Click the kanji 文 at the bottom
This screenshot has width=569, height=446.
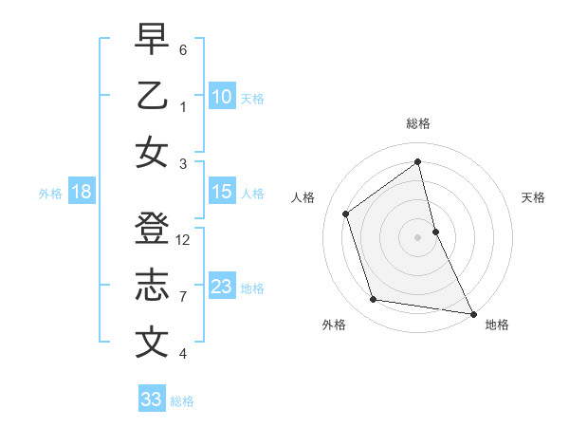152,342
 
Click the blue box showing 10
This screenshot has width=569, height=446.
222,96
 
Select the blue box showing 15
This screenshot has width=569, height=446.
222,192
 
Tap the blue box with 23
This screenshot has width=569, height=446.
222,287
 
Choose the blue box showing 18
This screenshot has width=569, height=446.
82,192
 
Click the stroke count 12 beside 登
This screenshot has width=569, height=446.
184,240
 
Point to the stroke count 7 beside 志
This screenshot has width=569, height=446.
183,297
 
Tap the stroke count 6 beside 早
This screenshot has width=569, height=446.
183,48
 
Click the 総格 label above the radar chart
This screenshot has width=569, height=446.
418,123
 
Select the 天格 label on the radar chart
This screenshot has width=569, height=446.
534,197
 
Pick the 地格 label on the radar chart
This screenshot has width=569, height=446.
497,325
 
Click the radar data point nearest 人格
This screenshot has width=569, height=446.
346,214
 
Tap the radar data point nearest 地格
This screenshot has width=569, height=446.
473,313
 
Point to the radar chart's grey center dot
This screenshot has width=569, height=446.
418,236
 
